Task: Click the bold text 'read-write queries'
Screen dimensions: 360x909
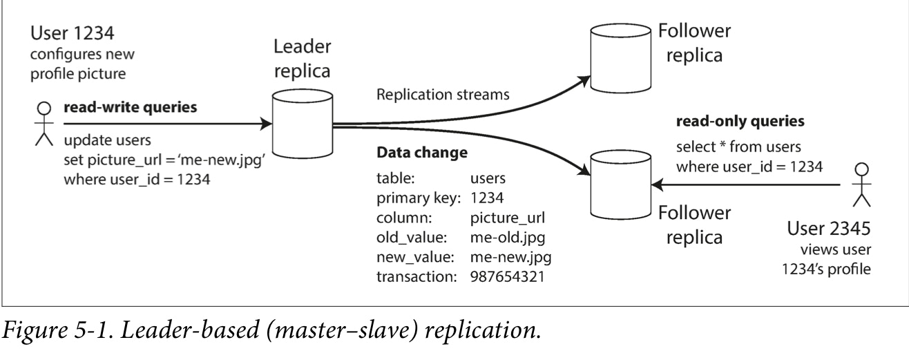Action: click(x=128, y=108)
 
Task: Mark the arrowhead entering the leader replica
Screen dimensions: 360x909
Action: click(x=266, y=125)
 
